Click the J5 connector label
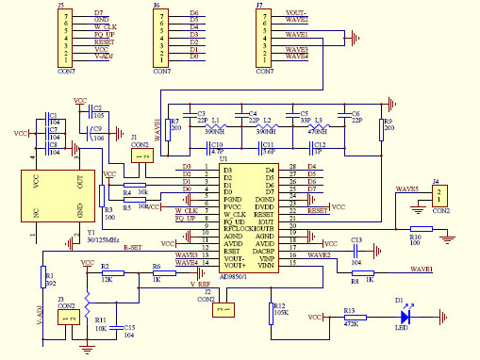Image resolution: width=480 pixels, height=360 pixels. [x=62, y=6]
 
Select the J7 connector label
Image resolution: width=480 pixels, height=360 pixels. [x=259, y=6]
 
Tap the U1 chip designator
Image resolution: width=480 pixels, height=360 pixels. [x=223, y=158]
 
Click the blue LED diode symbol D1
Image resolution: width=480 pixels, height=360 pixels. [x=406, y=319]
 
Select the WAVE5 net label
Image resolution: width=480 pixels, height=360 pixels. [x=407, y=188]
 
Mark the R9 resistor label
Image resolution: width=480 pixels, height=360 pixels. [x=387, y=122]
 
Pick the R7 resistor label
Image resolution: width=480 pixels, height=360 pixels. [x=174, y=122]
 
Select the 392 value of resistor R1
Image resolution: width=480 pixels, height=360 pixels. [x=51, y=282]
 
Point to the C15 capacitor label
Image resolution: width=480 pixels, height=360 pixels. [x=127, y=326]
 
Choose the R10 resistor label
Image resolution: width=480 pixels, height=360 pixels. [x=416, y=237]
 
